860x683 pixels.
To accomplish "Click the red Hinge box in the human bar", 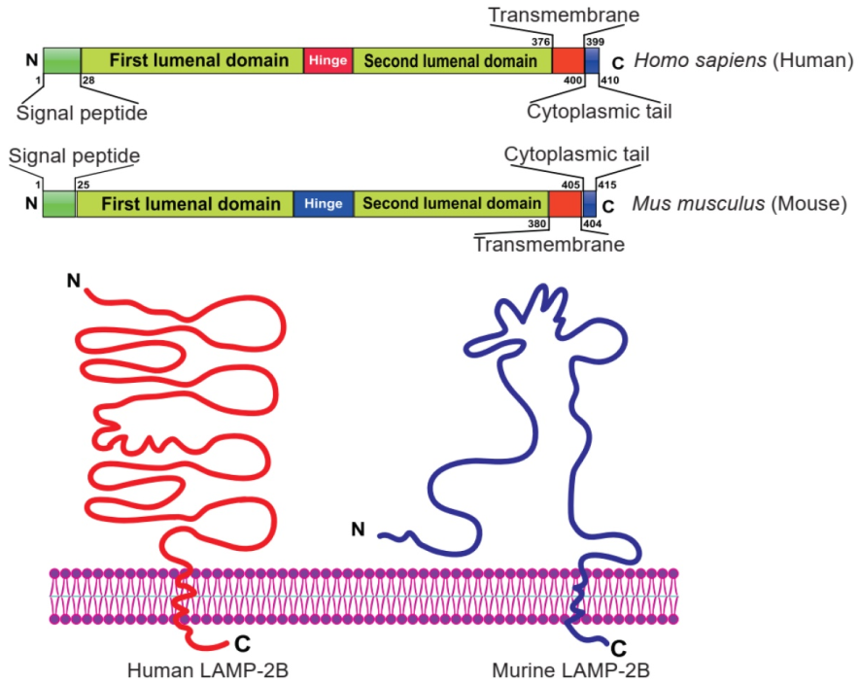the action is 328,60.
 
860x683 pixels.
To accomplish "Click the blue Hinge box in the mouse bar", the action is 324,204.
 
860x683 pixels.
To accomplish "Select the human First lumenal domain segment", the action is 192,60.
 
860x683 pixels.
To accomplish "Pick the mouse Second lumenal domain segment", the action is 451,204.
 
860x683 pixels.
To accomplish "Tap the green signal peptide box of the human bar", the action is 62,60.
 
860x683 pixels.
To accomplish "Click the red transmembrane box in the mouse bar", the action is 565,204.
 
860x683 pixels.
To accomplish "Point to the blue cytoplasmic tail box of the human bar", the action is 591,60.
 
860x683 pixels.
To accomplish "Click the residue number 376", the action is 541,42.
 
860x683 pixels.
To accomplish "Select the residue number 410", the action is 609,80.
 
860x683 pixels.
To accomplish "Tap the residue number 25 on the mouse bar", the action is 84,185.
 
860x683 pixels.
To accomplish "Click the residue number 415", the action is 607,185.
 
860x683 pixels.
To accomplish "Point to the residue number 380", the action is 537,223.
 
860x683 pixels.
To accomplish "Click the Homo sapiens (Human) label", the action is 743,59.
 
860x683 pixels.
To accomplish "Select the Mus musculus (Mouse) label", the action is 740,203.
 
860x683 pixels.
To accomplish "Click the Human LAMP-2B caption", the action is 208,670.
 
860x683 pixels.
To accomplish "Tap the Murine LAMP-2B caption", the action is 571,670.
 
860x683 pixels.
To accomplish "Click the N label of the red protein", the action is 74,281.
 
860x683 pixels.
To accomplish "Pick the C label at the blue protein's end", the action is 618,649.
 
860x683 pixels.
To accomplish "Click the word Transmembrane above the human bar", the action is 564,15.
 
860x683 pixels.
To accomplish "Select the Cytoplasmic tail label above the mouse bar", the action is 576,154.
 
